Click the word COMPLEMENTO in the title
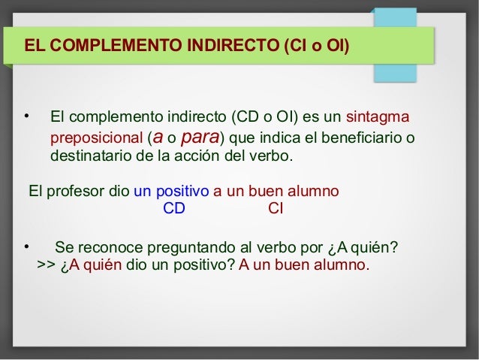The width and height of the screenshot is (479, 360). [x=103, y=45]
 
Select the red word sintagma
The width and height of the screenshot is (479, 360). [x=378, y=117]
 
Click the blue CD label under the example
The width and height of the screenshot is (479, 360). [x=174, y=208]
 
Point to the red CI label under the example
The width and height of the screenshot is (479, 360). [x=276, y=208]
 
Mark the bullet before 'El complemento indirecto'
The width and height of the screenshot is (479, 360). [x=26, y=116]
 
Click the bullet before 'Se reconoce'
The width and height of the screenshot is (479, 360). [x=26, y=247]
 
